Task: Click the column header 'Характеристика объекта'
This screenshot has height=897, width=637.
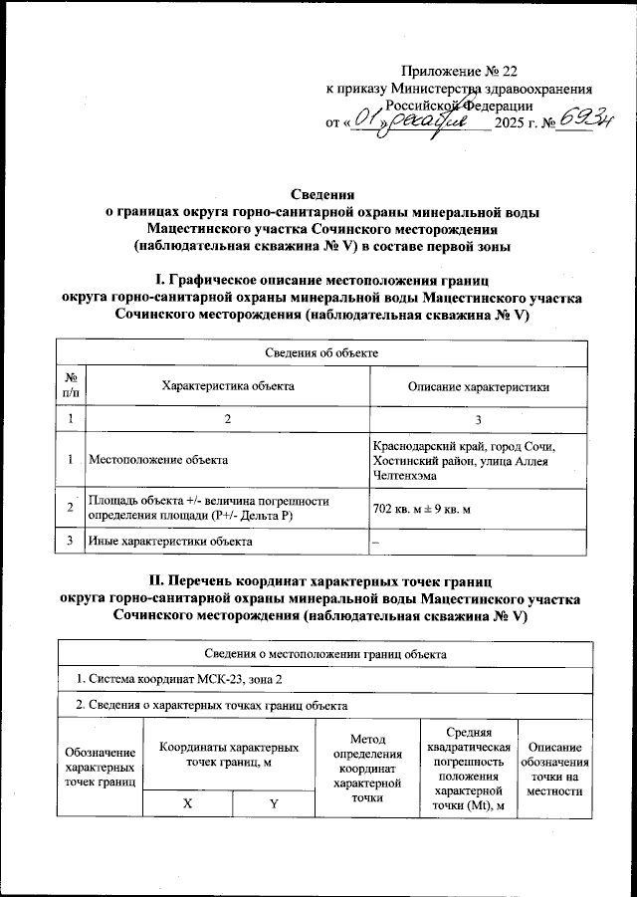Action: coord(228,386)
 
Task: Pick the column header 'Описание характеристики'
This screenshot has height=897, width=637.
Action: coord(478,386)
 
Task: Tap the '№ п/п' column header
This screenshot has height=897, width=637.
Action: coord(71,386)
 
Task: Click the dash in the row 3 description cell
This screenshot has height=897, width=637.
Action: coord(375,541)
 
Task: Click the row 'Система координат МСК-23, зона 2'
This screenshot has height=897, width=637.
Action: coord(179,679)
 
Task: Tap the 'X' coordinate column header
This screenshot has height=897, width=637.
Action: coord(186,803)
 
